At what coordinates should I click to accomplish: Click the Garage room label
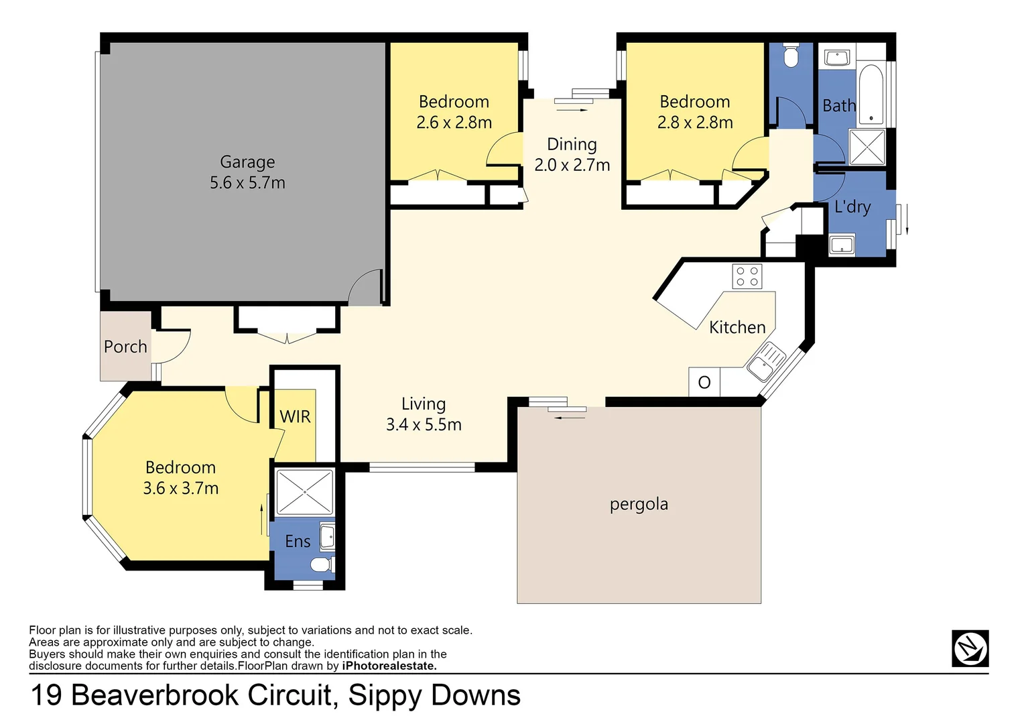(x=247, y=162)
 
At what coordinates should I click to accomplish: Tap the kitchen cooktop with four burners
(x=747, y=276)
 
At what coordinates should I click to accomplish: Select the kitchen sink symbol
(x=766, y=361)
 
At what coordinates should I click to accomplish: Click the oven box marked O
(x=704, y=382)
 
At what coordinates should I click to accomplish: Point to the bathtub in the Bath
(x=871, y=95)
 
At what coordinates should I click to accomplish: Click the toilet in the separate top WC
(x=791, y=56)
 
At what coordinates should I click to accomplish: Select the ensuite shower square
(x=304, y=492)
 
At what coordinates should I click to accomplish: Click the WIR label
(x=295, y=417)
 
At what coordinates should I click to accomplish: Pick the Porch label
(x=125, y=347)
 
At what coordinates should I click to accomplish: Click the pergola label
(x=639, y=504)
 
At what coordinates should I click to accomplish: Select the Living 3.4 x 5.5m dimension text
(x=424, y=424)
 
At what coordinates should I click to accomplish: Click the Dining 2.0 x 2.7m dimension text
(x=572, y=165)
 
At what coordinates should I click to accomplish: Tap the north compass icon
(x=970, y=648)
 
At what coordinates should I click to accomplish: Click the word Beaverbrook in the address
(x=202, y=695)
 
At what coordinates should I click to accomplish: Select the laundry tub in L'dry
(x=842, y=245)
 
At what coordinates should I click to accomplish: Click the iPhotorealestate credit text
(x=389, y=666)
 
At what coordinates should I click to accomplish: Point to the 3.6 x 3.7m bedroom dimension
(x=180, y=488)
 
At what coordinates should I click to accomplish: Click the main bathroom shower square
(x=867, y=147)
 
